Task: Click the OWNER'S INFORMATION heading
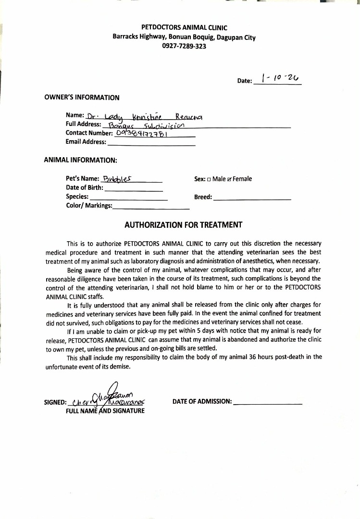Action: click(x=82, y=98)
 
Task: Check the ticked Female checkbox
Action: click(x=230, y=179)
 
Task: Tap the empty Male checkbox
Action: click(x=209, y=179)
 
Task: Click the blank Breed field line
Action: click(x=252, y=198)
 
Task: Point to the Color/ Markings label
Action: click(x=89, y=206)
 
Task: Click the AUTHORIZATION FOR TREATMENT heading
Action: click(x=184, y=225)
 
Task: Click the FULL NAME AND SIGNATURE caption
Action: click(x=105, y=411)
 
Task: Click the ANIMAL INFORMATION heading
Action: click(x=80, y=160)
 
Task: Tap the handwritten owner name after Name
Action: click(x=144, y=116)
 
